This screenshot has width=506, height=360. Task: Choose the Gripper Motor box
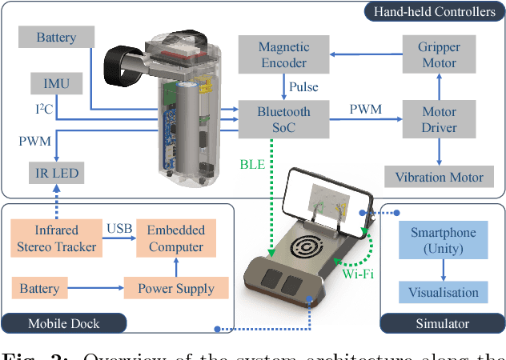(x=439, y=54)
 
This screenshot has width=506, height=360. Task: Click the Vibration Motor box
(x=439, y=175)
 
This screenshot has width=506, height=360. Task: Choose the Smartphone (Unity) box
(x=443, y=240)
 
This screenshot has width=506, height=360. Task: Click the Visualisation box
(x=443, y=292)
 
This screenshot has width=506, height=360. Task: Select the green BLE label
(x=251, y=165)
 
